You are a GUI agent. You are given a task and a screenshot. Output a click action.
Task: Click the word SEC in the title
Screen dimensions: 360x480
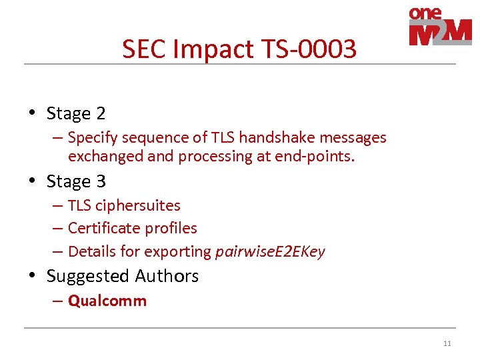pyautogui.click(x=142, y=49)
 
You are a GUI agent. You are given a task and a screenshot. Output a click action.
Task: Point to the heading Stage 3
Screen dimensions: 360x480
pyautogui.click(x=76, y=181)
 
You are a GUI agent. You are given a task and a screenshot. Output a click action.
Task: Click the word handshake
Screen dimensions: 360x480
pyautogui.click(x=273, y=137)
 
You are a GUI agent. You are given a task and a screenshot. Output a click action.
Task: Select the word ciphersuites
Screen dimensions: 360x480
pyautogui.click(x=138, y=205)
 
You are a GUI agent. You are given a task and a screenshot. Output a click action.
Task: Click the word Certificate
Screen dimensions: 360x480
pyautogui.click(x=102, y=228)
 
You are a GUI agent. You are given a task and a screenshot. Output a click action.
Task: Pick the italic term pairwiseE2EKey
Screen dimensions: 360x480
pyautogui.click(x=270, y=251)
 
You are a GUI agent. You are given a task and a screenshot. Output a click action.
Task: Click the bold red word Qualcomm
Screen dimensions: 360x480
pyautogui.click(x=107, y=301)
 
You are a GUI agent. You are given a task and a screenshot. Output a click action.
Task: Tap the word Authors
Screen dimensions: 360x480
pyautogui.click(x=167, y=276)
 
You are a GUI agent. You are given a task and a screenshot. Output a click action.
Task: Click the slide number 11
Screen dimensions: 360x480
pyautogui.click(x=447, y=343)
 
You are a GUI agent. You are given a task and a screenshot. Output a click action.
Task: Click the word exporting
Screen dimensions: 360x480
pyautogui.click(x=179, y=251)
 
